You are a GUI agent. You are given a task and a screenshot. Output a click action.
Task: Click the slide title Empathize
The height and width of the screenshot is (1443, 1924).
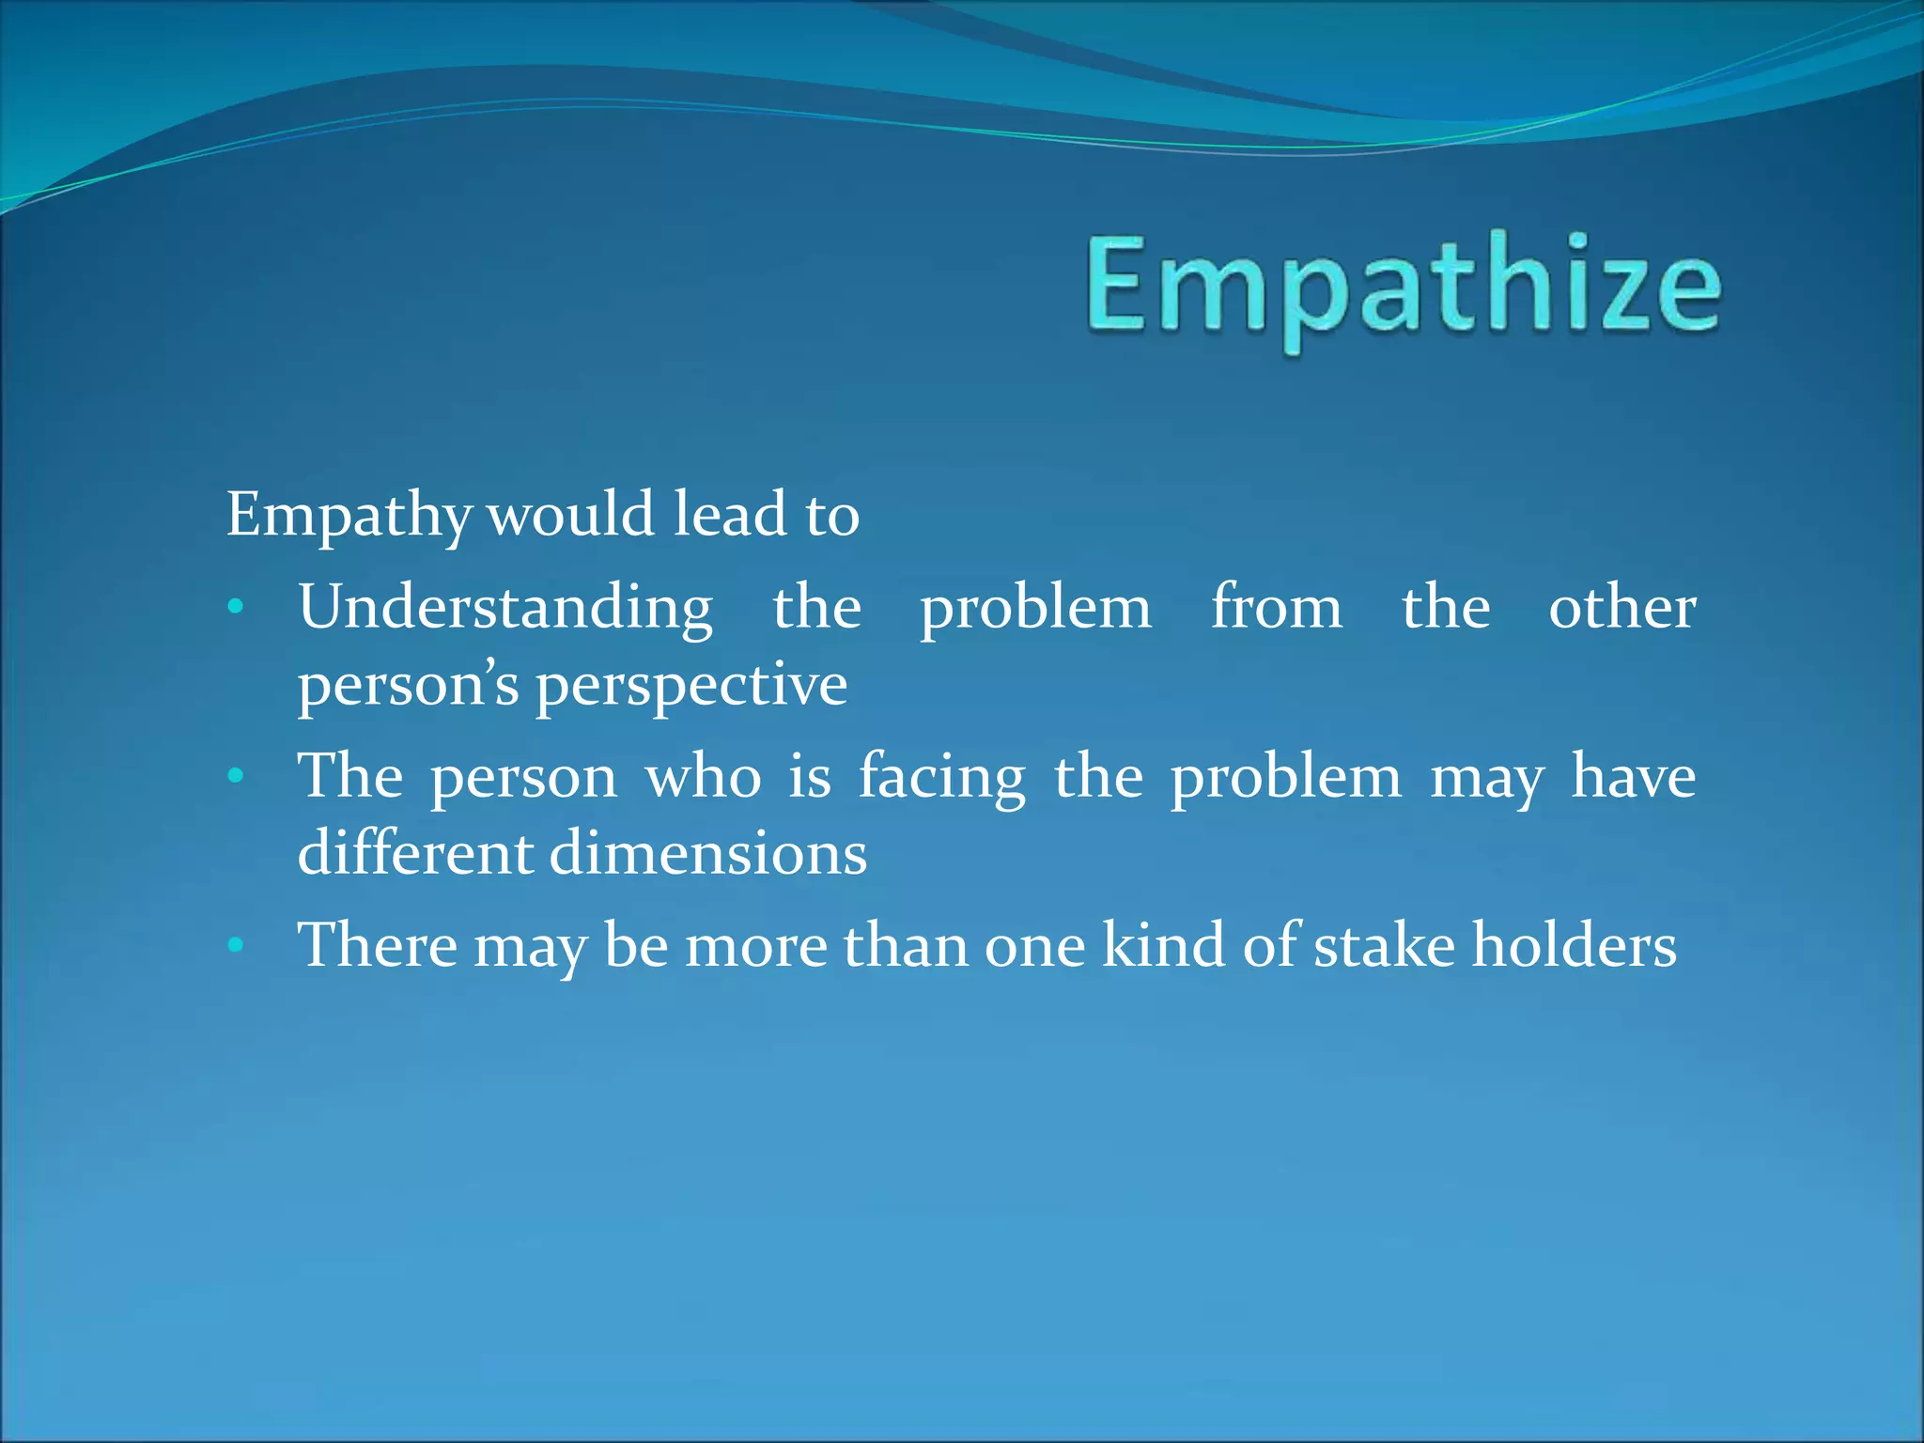click(1404, 286)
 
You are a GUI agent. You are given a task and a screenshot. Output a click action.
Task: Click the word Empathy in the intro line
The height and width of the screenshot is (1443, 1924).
click(349, 516)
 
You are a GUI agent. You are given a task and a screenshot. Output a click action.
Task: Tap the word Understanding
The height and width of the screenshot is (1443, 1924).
click(505, 608)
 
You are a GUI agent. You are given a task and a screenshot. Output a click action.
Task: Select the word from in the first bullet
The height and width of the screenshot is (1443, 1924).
click(1276, 607)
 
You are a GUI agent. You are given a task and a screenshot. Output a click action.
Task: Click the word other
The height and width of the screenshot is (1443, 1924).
click(1621, 607)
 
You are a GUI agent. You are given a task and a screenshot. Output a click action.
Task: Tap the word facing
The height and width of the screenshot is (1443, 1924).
click(941, 778)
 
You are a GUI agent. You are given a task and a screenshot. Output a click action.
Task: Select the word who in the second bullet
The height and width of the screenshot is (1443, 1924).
click(703, 778)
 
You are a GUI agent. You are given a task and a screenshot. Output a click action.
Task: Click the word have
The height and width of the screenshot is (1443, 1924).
click(1634, 778)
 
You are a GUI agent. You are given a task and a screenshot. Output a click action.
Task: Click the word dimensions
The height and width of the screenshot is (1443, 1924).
click(707, 853)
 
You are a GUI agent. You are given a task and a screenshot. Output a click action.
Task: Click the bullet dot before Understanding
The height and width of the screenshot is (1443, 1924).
click(236, 608)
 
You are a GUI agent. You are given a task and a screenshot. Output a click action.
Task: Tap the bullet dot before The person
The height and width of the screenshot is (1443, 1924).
click(236, 777)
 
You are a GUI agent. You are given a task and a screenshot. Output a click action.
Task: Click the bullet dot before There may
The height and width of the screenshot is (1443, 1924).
click(236, 944)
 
